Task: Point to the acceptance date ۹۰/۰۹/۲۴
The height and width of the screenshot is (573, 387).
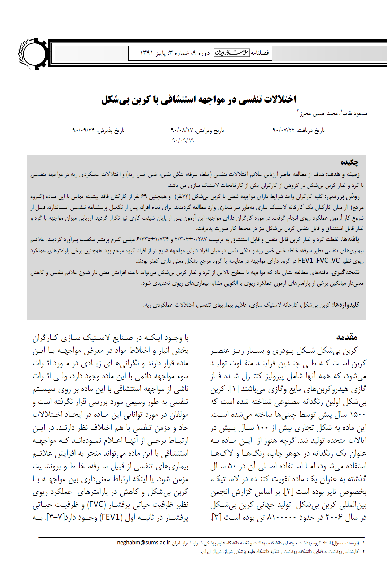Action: pyautogui.click(x=83, y=130)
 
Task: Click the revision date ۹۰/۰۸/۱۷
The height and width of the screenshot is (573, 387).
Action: pyautogui.click(x=182, y=130)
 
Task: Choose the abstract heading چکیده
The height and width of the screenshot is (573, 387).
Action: pyautogui.click(x=349, y=162)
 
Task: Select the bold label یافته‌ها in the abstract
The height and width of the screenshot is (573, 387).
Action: pyautogui.click(x=350, y=239)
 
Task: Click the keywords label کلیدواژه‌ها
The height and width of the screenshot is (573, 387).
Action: pyautogui.click(x=346, y=305)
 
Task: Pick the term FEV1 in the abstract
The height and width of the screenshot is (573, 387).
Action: pyautogui.click(x=306, y=261)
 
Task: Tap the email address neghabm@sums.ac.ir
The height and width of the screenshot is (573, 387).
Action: pyautogui.click(x=144, y=543)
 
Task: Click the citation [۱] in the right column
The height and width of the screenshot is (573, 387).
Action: pyautogui.click(x=234, y=389)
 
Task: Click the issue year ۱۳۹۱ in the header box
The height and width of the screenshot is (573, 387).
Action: pyautogui.click(x=147, y=53)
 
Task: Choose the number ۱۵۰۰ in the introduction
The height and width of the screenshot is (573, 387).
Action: pyautogui.click(x=358, y=415)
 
